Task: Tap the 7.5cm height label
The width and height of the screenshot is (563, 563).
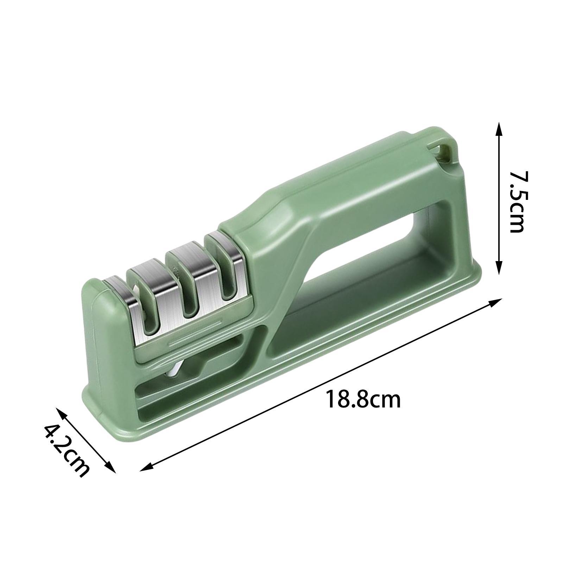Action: pos(517,202)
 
